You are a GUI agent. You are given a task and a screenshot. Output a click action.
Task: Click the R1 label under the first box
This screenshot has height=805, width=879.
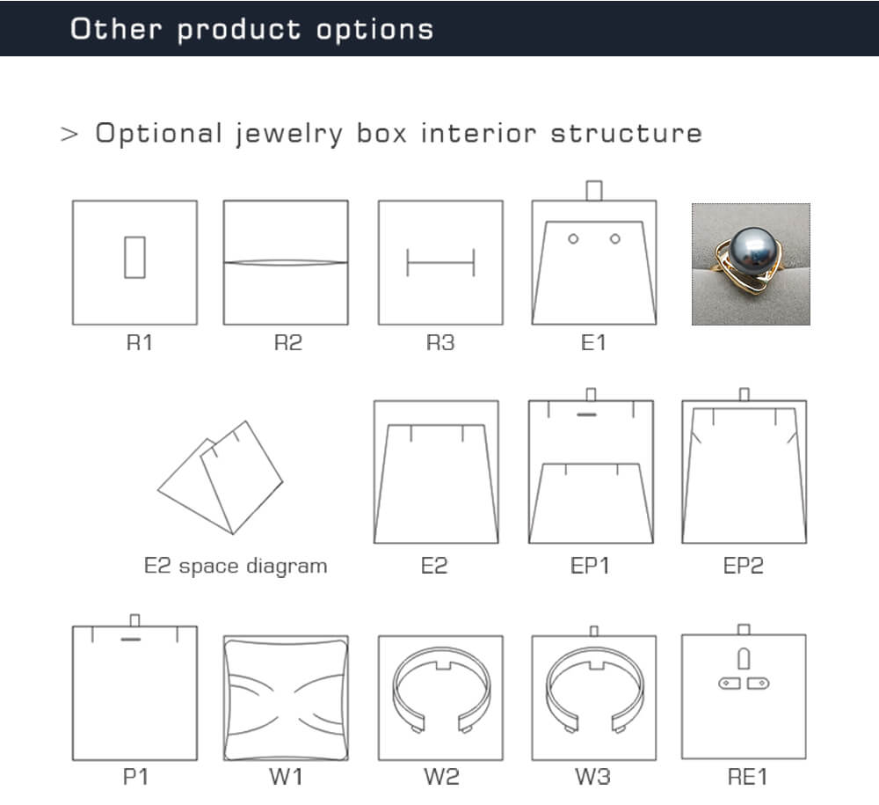tap(139, 342)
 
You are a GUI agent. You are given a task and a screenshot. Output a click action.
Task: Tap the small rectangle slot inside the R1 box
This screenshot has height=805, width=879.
tap(134, 258)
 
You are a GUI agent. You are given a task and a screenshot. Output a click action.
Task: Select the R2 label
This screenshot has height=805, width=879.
tap(288, 342)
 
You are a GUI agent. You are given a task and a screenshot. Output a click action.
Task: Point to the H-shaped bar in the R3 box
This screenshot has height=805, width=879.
tap(440, 262)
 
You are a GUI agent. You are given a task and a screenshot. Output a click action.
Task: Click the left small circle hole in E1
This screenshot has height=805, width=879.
tap(573, 239)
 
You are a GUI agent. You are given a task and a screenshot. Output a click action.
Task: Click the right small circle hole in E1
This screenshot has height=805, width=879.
tap(615, 239)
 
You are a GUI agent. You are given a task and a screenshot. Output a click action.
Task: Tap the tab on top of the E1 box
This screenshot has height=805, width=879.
tap(593, 191)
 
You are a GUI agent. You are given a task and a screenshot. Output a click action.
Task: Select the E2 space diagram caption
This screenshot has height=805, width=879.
tap(236, 566)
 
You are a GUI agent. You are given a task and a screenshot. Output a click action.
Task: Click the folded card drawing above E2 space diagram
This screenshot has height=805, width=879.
tap(221, 478)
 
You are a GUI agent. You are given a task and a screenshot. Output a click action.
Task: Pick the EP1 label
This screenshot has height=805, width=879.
tap(590, 566)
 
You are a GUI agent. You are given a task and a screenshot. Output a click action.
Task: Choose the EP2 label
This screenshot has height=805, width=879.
tap(744, 566)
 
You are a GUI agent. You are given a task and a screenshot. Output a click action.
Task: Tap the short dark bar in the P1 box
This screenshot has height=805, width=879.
tap(131, 639)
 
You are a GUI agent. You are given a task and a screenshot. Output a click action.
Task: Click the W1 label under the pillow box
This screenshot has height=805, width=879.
tap(286, 777)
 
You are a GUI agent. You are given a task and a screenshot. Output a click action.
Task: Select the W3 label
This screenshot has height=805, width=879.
tap(592, 777)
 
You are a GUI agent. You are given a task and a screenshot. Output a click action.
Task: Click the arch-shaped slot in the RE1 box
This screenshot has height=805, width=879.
tap(744, 659)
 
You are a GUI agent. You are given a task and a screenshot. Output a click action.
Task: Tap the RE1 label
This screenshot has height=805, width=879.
tap(747, 777)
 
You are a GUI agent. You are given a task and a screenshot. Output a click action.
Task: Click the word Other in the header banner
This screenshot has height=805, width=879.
tap(116, 29)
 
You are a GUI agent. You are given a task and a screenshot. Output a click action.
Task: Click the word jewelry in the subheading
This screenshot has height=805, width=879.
tap(288, 135)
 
